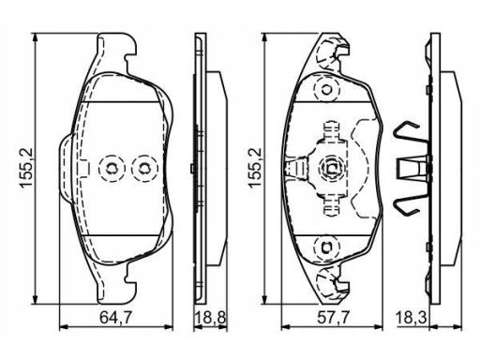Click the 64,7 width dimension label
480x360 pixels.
point(116,318)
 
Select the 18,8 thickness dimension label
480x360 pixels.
point(210,318)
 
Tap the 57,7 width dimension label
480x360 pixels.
point(333,318)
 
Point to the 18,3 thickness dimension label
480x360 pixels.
point(412,318)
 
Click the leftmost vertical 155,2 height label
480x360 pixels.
point(26,168)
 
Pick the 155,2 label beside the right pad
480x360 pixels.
point(255,168)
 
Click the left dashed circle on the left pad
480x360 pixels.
point(112,169)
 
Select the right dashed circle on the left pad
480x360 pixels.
point(144,169)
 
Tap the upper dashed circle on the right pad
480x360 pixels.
point(327,90)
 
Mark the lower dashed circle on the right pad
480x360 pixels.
point(327,247)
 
